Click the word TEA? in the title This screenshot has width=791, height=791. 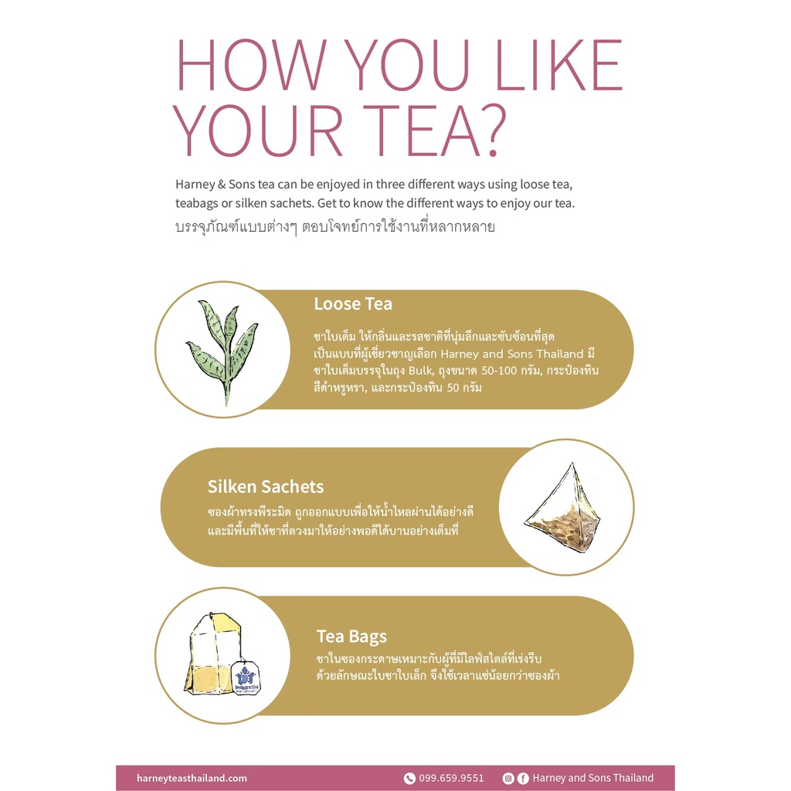[x=434, y=131]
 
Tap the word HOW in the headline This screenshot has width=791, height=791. [x=251, y=65]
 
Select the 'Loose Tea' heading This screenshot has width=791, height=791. [x=352, y=304]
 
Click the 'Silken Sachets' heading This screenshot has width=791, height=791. [x=266, y=487]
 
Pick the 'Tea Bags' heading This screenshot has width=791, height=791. [x=351, y=637]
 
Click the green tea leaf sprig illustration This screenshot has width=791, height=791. [x=223, y=350]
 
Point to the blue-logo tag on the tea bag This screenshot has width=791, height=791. [x=246, y=678]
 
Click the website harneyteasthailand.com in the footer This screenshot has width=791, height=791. [x=192, y=778]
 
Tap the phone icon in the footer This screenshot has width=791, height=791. [x=409, y=779]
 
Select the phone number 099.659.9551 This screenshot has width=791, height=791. [x=451, y=778]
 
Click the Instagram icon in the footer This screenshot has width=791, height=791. [x=508, y=779]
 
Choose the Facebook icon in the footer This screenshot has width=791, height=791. [x=523, y=779]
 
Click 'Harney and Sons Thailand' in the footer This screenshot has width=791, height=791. [x=592, y=778]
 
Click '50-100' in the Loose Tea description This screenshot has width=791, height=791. [x=499, y=371]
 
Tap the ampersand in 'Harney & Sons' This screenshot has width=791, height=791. [x=222, y=185]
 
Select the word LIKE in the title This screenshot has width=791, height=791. [x=559, y=65]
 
